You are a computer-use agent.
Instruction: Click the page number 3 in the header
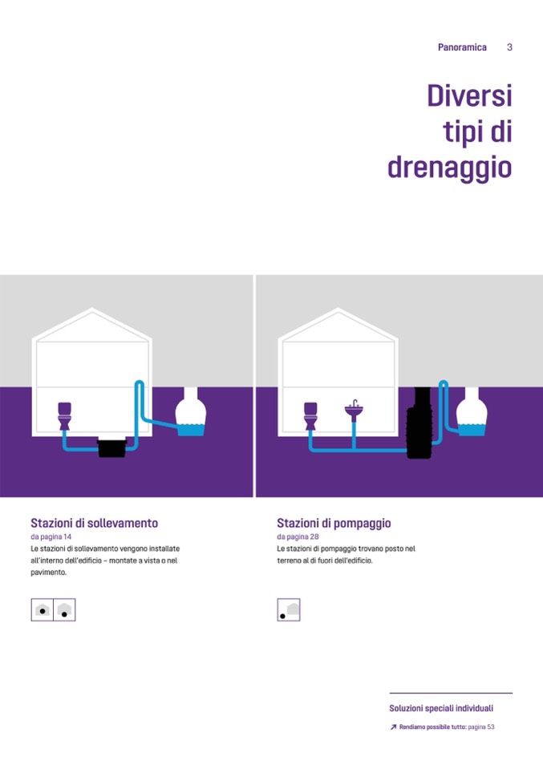click(x=509, y=47)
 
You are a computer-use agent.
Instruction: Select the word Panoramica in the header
click(x=462, y=47)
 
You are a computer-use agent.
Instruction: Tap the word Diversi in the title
click(x=469, y=95)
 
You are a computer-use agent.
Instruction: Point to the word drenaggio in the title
click(x=450, y=168)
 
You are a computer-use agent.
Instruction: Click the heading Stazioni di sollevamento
click(x=94, y=523)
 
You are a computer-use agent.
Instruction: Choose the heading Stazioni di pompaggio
click(x=334, y=524)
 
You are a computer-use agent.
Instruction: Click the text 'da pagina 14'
click(x=51, y=536)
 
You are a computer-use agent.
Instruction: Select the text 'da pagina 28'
click(x=298, y=536)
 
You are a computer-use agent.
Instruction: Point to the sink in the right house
click(x=354, y=411)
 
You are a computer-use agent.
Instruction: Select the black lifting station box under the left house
click(x=111, y=447)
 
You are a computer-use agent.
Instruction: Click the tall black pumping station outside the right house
click(x=419, y=423)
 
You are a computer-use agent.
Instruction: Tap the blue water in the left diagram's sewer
click(x=191, y=430)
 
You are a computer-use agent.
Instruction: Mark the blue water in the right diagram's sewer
click(x=472, y=430)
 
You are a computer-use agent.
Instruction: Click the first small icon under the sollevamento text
click(x=43, y=609)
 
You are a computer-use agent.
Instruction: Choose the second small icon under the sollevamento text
click(x=64, y=609)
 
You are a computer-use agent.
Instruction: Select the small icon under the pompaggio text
click(x=289, y=609)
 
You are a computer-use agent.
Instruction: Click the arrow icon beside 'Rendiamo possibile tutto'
click(x=393, y=727)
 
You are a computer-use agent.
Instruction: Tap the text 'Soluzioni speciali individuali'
click(x=441, y=708)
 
